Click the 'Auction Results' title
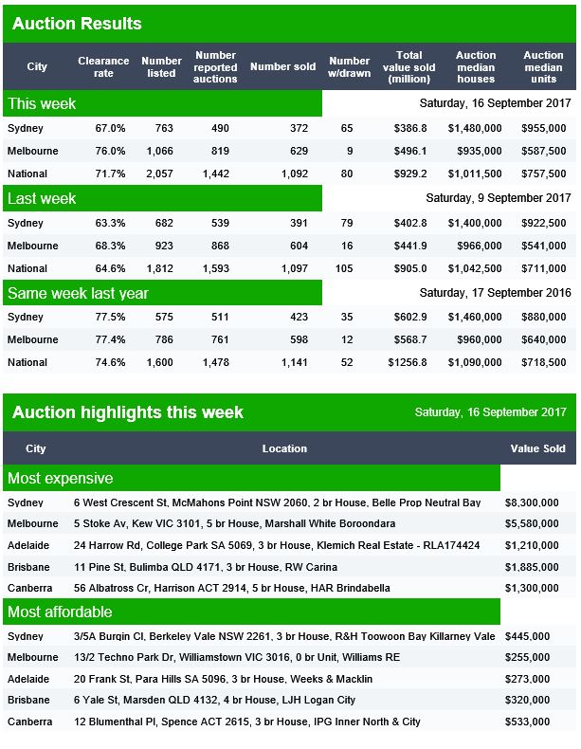pos(77,24)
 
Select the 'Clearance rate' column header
pos(103,67)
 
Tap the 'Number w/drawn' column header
pos(349,67)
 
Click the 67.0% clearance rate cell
pos(110,128)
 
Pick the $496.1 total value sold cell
pos(410,151)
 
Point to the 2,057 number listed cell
pos(159,174)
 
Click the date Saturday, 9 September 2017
pos(498,198)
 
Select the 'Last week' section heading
pos(42,198)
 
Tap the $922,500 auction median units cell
pos(543,223)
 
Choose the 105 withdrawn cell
pos(344,268)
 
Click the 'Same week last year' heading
pos(78,293)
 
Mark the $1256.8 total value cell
pos(408,362)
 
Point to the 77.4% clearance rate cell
pos(110,339)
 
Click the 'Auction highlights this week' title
pos(128,412)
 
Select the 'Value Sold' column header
pos(537,448)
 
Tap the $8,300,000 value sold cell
pos(532,502)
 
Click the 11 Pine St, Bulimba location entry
pos(206,567)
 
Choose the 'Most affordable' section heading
pos(60,612)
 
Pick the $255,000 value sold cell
pos(527,657)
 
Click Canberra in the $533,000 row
pos(29,722)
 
